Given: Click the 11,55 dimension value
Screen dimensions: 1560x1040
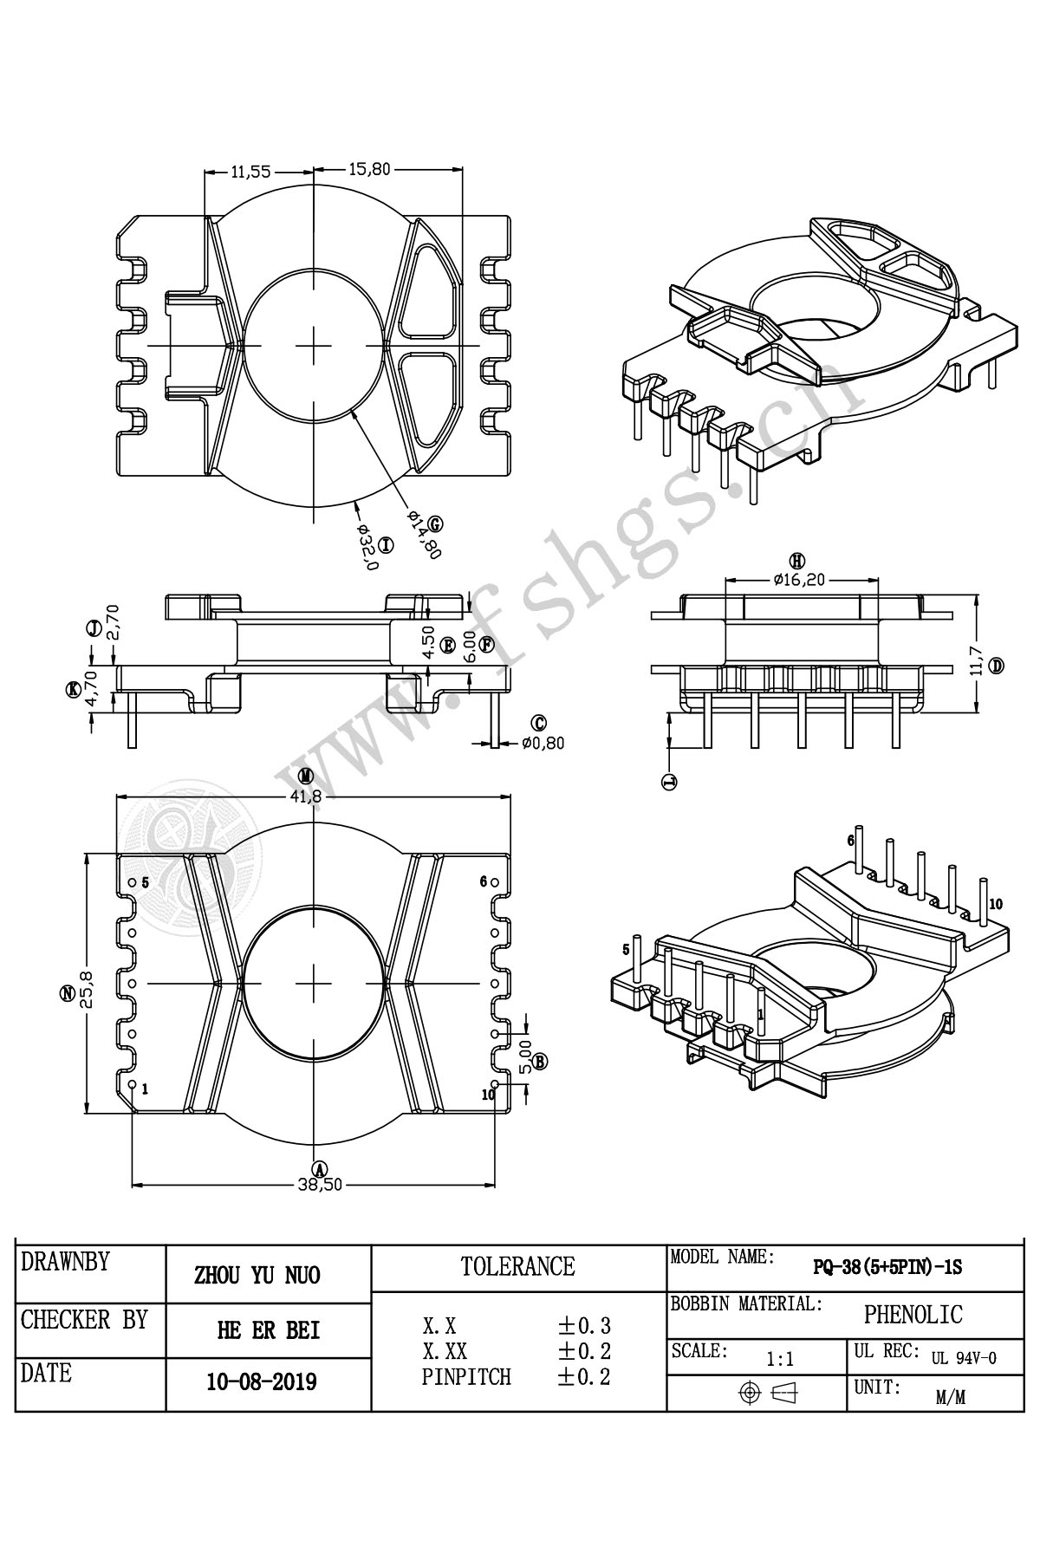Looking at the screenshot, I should pyautogui.click(x=251, y=172).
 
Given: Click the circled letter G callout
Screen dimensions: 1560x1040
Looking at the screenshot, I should pyautogui.click(x=435, y=523).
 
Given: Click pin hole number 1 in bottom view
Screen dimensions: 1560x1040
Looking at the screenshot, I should pyautogui.click(x=132, y=1084).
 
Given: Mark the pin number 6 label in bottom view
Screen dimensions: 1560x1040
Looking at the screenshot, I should pyautogui.click(x=484, y=881).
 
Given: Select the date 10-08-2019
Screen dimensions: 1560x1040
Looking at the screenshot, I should pyautogui.click(x=261, y=1381).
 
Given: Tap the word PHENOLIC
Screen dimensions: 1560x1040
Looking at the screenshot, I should pyautogui.click(x=913, y=1315).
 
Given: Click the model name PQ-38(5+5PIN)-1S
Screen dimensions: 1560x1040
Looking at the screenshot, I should pyautogui.click(x=887, y=1267).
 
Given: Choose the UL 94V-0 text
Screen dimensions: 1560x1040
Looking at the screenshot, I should pyautogui.click(x=964, y=1358).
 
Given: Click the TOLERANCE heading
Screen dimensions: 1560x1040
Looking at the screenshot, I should pyautogui.click(x=518, y=1267).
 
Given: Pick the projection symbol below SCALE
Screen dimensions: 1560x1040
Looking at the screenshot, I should pyautogui.click(x=767, y=1393).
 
